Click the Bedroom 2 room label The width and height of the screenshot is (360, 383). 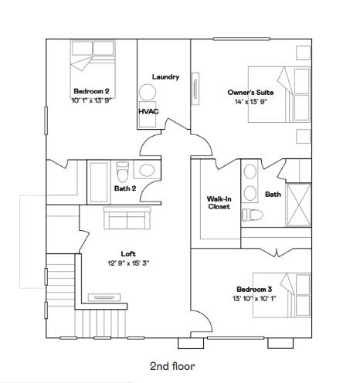point(90,90)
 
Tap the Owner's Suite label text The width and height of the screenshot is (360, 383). point(248,93)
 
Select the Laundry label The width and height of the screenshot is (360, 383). point(165,76)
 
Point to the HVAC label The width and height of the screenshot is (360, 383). point(148,111)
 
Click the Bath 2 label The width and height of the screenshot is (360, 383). point(125,188)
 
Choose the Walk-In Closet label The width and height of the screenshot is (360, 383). point(218,202)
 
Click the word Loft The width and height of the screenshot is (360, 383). point(128,253)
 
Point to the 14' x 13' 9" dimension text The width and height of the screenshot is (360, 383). point(248,102)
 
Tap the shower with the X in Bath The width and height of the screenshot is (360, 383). point(299,202)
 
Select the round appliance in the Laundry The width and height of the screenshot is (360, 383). point(148,92)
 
